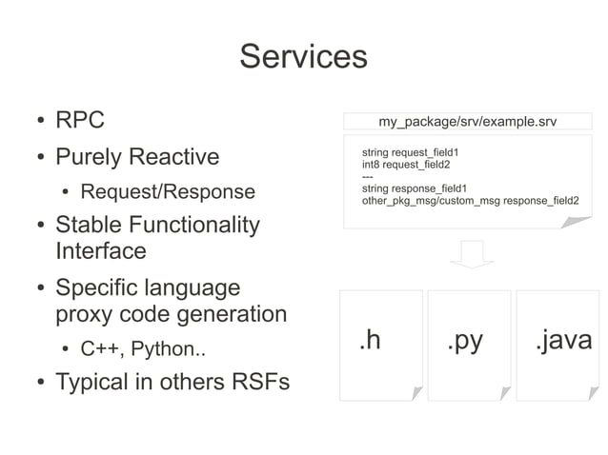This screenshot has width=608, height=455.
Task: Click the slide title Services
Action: pos(303,56)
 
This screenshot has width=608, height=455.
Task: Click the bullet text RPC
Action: pos(79,121)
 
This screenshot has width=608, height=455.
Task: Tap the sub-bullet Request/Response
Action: pos(168,192)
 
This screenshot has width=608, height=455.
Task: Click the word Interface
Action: pos(101,251)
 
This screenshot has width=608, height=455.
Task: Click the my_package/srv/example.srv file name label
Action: pos(467,122)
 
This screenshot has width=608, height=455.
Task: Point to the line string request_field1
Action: pos(411,152)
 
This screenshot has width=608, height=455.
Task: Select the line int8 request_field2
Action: pos(405,165)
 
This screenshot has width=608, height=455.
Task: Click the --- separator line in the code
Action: pos(368,176)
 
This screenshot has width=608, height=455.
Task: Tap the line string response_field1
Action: pos(414,188)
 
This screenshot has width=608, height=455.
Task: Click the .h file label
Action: pos(371,341)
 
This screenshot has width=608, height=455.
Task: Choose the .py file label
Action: pos(465,341)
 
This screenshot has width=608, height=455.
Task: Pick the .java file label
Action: pos(562,340)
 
